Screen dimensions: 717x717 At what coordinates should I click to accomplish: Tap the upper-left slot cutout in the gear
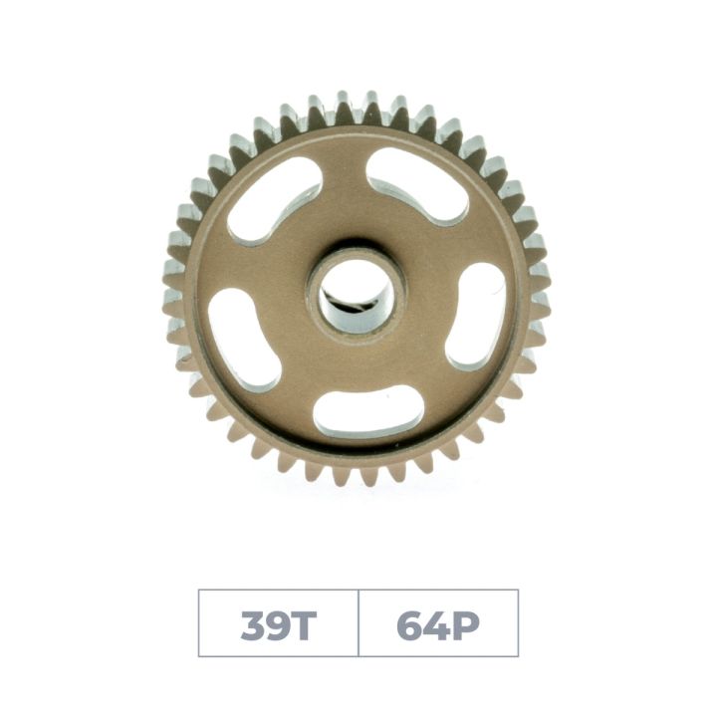[x=276, y=200]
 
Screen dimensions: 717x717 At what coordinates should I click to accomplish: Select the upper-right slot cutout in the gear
[x=417, y=185]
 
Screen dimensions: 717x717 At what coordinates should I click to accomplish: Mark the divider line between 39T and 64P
[x=358, y=623]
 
